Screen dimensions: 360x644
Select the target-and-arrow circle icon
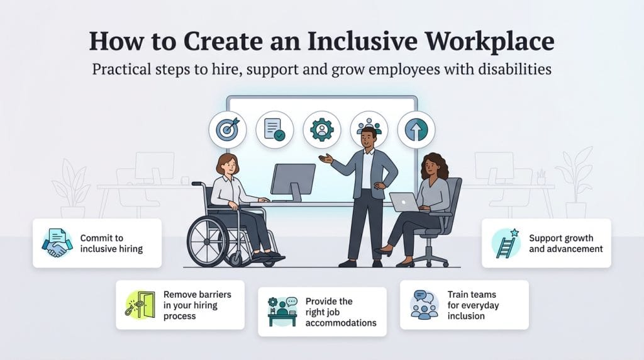click(228, 129)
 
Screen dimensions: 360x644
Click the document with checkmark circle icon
click(274, 129)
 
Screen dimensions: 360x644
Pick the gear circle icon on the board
click(321, 129)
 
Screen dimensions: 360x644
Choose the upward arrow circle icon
click(416, 129)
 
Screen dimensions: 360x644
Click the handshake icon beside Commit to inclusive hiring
click(57, 243)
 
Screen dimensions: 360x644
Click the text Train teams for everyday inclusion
click(472, 305)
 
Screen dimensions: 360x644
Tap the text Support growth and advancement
click(565, 244)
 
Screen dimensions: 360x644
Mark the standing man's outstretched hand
click(325, 159)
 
